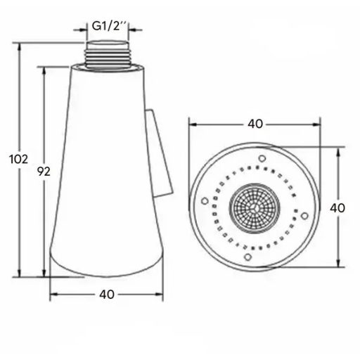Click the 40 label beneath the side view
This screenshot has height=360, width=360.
click(106, 295)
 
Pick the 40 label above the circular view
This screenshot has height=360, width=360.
click(255, 124)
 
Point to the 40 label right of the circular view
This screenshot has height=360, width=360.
click(337, 208)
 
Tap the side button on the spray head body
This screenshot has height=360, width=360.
click(162, 152)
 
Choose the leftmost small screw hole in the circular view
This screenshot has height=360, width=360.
click(205, 201)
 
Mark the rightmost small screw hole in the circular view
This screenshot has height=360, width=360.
click(304, 215)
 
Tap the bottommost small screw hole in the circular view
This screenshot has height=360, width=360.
click(247, 258)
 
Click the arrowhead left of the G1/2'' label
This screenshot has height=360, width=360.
click(83, 30)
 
